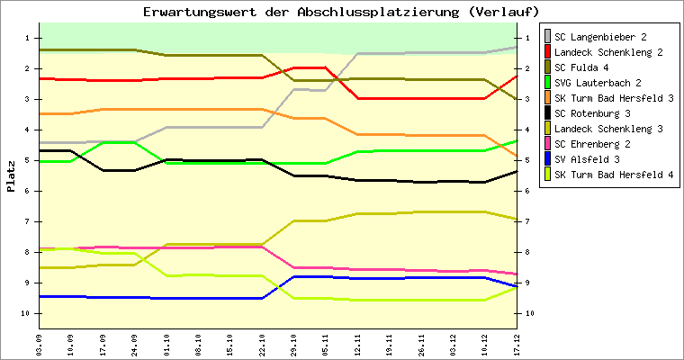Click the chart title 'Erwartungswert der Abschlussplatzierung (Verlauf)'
341,12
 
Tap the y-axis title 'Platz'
12,177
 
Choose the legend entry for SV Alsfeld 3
589,159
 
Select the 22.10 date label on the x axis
262,343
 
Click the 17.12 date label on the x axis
517,343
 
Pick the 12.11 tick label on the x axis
357,343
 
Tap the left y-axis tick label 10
29,313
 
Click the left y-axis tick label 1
31,38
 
